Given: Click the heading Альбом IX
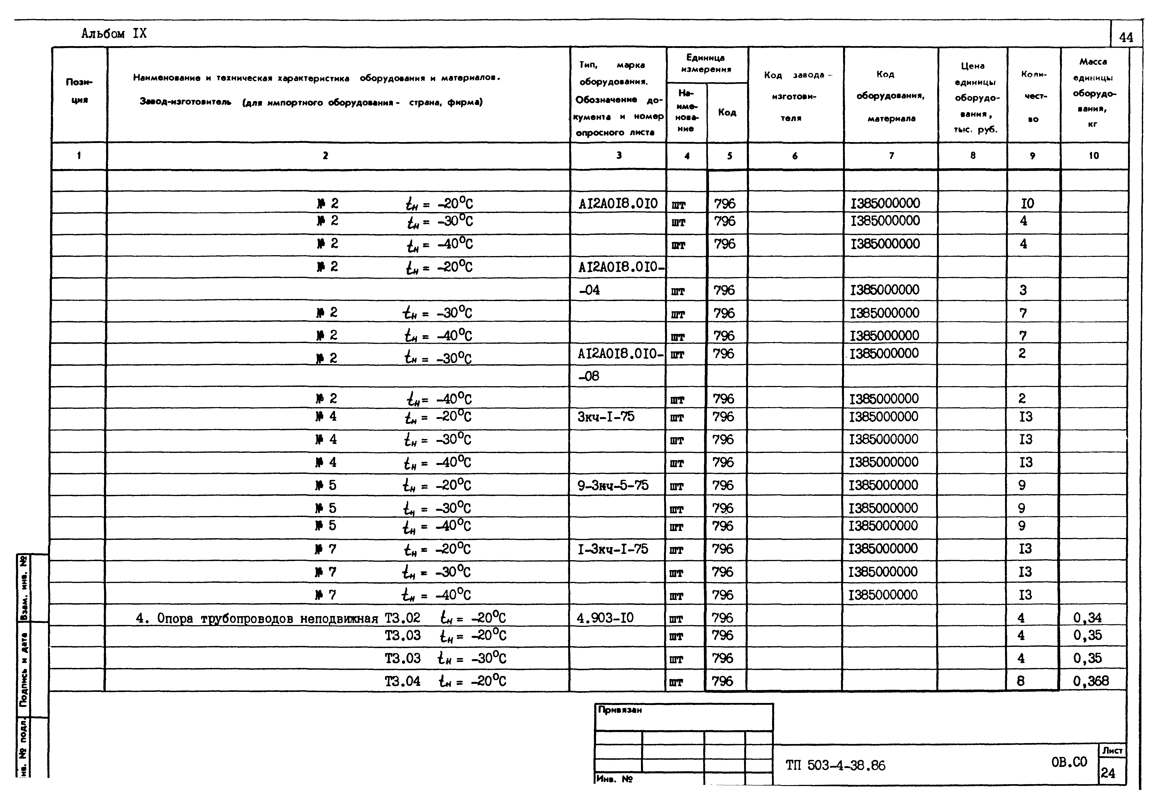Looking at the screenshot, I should (114, 34).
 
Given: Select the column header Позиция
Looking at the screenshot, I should (79, 91).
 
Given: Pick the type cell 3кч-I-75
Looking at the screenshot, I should (606, 417).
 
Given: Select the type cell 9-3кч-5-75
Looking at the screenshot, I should (613, 485).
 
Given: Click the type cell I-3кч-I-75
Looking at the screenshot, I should (613, 549).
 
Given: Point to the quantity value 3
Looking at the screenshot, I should (1023, 290).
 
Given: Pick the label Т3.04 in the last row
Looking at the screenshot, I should (402, 681).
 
